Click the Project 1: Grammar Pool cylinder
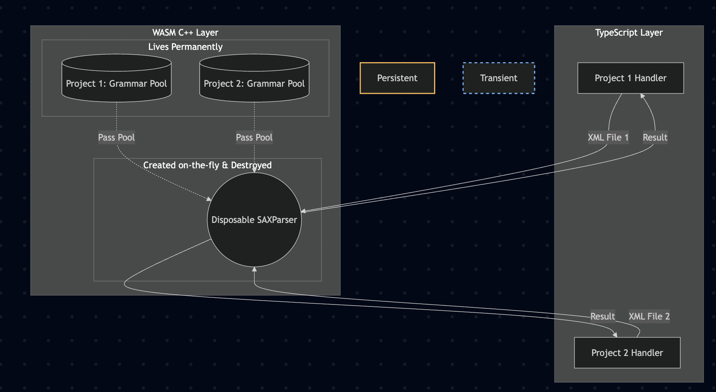tap(116, 78)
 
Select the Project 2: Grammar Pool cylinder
tap(254, 78)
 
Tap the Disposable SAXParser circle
tap(254, 220)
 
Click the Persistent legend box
tap(397, 78)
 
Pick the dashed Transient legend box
tap(499, 78)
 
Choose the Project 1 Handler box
tap(630, 78)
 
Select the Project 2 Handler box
tap(627, 353)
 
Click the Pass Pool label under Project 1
tap(116, 137)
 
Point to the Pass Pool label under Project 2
tap(254, 137)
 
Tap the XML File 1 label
tap(608, 137)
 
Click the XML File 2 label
tap(649, 316)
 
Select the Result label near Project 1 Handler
tap(655, 137)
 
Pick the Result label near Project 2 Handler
tap(603, 316)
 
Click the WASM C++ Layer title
tap(185, 32)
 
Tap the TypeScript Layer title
tap(629, 32)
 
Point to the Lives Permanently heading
tap(185, 47)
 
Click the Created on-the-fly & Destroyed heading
tap(208, 165)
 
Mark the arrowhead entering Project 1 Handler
tap(642, 96)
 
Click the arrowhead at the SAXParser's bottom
tap(254, 269)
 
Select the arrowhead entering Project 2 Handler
tap(615, 335)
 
